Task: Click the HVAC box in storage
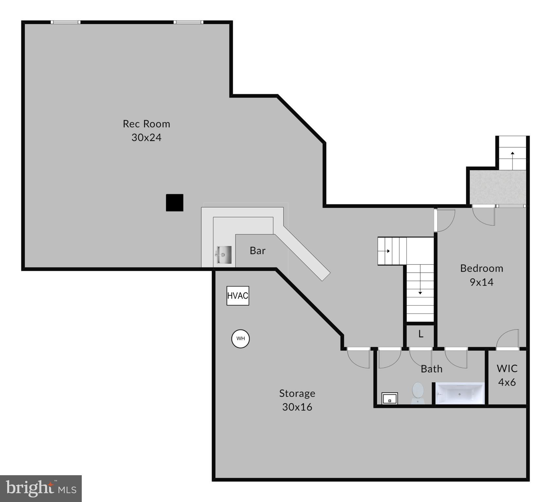(x=238, y=296)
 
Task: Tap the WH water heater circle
(x=240, y=339)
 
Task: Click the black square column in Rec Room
(x=175, y=203)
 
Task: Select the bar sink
(x=224, y=255)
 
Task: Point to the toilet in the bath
(x=418, y=393)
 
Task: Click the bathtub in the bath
(x=460, y=393)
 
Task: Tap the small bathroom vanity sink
(x=390, y=398)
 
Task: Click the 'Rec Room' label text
(x=146, y=124)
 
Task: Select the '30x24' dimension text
(x=146, y=138)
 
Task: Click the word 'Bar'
(x=257, y=251)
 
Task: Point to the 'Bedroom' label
(x=481, y=268)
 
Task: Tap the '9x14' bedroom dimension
(x=481, y=282)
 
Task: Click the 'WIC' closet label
(x=507, y=368)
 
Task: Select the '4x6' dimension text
(x=507, y=382)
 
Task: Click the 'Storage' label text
(x=297, y=393)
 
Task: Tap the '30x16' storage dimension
(x=297, y=407)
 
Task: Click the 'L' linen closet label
(x=421, y=334)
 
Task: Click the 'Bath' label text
(x=431, y=369)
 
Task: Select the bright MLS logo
(x=41, y=488)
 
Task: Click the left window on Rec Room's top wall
(x=65, y=22)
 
